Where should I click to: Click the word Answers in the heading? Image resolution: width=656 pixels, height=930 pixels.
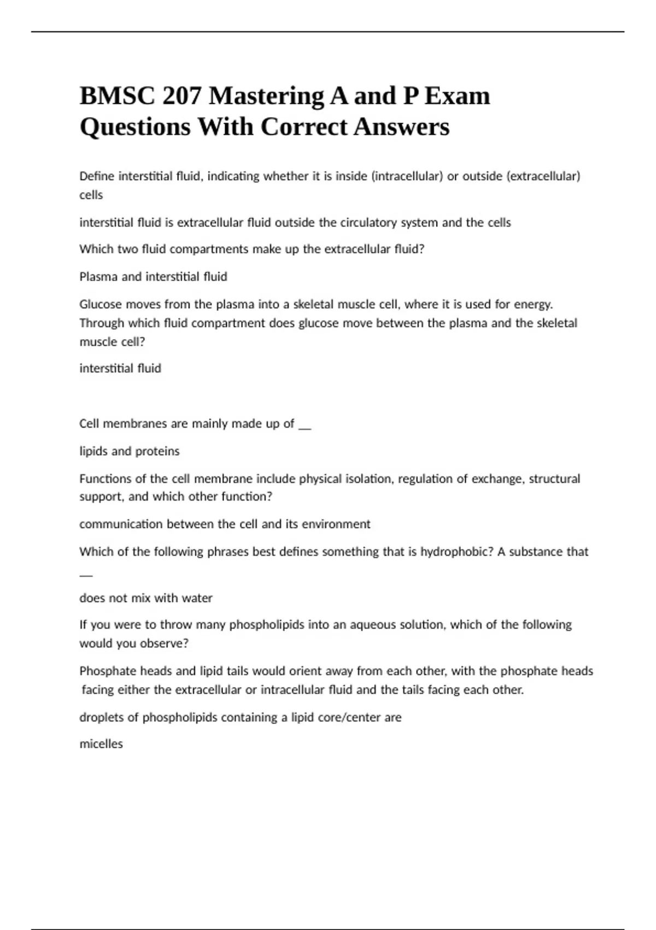point(401,127)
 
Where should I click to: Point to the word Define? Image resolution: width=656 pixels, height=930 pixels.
point(97,176)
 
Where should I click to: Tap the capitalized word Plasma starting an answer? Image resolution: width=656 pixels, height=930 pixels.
point(98,277)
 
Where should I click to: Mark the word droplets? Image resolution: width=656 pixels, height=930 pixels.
point(101,717)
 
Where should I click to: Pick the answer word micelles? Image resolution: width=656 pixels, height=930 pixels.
point(101,744)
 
